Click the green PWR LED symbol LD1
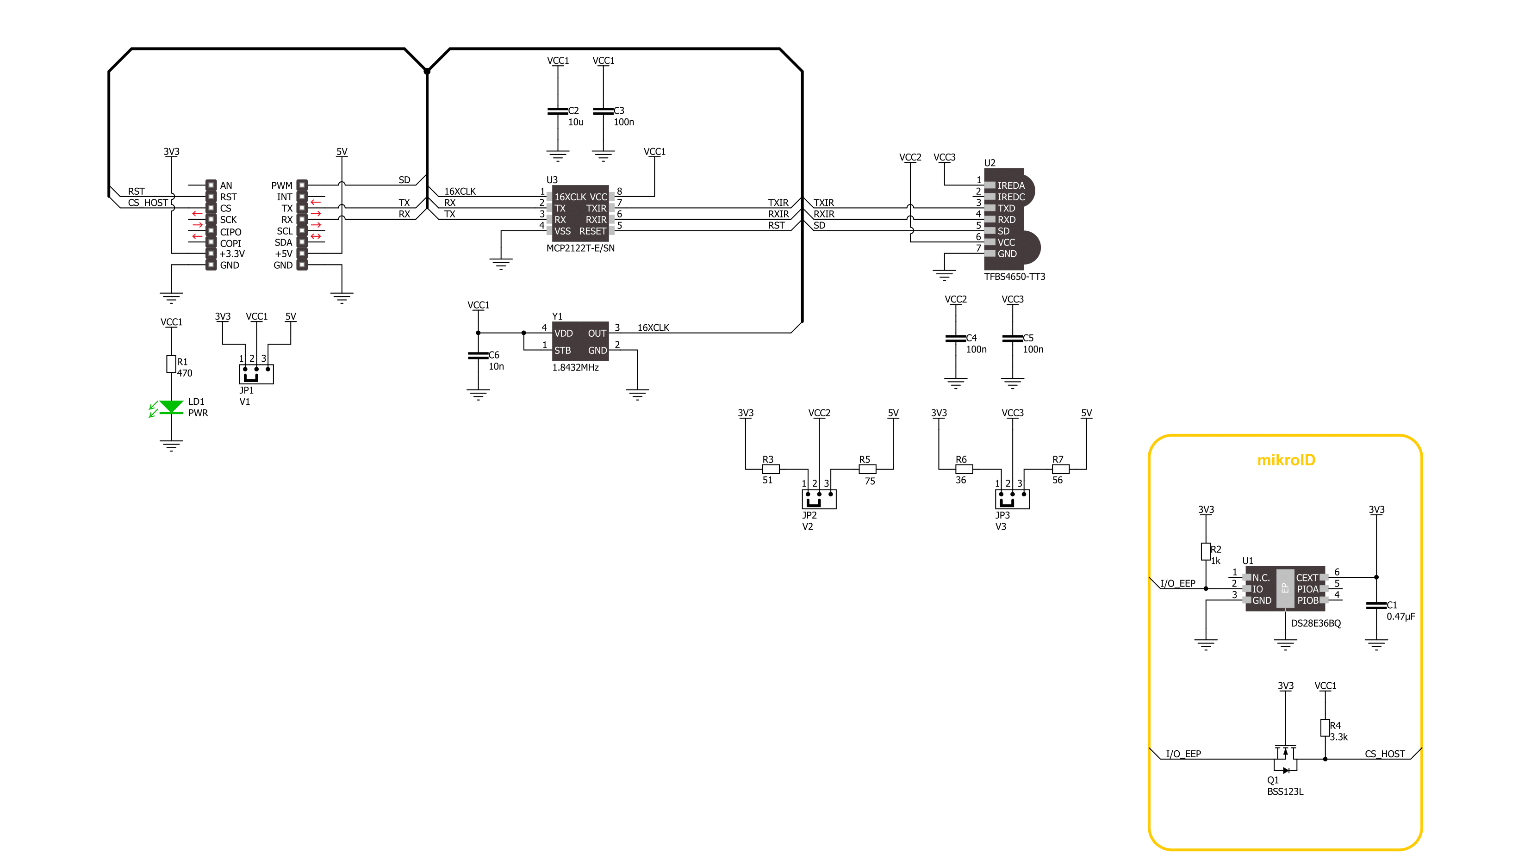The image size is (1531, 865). (171, 407)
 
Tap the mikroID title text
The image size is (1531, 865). (1286, 460)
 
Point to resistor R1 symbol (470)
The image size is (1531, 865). (171, 364)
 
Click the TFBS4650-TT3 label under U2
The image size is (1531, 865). (1014, 277)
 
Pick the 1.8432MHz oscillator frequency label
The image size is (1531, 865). (575, 368)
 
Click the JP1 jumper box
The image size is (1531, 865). (256, 374)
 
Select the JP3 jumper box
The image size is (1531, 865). (1012, 499)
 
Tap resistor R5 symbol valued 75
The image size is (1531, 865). (868, 470)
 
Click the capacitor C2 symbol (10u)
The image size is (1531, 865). (558, 111)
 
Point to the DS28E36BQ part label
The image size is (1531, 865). (1316, 623)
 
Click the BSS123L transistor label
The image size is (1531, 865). (1285, 791)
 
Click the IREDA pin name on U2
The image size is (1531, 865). (1011, 186)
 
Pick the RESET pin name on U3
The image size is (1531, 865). (592, 231)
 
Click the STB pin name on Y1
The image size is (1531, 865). (562, 351)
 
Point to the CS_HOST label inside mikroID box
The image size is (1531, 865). (1385, 754)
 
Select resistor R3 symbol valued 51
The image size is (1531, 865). (771, 470)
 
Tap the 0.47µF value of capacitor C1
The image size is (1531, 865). (1401, 617)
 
